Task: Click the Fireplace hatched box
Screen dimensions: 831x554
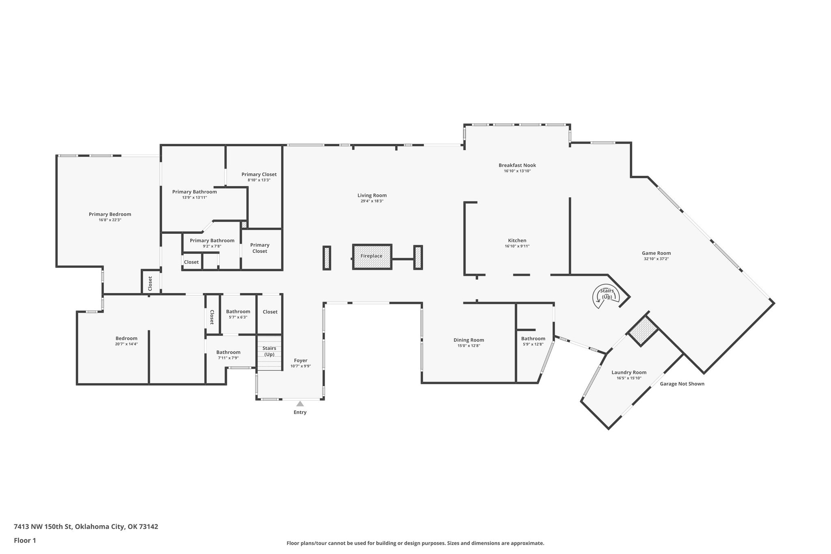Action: pyautogui.click(x=372, y=257)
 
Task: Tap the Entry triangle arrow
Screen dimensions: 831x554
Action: pyautogui.click(x=300, y=403)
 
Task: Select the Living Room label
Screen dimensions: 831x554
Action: pyautogui.click(x=372, y=195)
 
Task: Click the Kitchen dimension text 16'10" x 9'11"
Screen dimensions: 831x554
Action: pyautogui.click(x=517, y=246)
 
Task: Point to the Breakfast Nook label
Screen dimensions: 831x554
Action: pyautogui.click(x=517, y=165)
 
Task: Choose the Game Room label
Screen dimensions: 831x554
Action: pyautogui.click(x=656, y=253)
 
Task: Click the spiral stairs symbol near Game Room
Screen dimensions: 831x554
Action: pyautogui.click(x=607, y=296)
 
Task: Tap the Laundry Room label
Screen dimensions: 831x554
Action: pyautogui.click(x=629, y=373)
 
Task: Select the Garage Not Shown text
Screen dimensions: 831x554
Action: pyautogui.click(x=682, y=384)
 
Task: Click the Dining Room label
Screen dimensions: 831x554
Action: pyautogui.click(x=469, y=340)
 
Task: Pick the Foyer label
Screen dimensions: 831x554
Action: pyautogui.click(x=301, y=360)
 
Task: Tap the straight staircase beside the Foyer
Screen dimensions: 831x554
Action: pyautogui.click(x=269, y=353)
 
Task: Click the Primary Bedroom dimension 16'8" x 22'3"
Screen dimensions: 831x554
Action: pyautogui.click(x=110, y=220)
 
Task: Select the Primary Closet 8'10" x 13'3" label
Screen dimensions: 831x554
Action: pyautogui.click(x=259, y=177)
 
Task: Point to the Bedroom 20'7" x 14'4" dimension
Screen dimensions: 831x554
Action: pyautogui.click(x=127, y=344)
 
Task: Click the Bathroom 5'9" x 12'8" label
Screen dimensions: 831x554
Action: pyautogui.click(x=533, y=341)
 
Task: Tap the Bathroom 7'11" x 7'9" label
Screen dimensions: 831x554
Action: pyautogui.click(x=228, y=355)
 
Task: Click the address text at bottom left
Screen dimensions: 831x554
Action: pyautogui.click(x=86, y=527)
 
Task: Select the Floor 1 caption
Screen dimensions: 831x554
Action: pyautogui.click(x=25, y=540)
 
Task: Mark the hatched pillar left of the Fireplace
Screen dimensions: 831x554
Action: pyautogui.click(x=327, y=258)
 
